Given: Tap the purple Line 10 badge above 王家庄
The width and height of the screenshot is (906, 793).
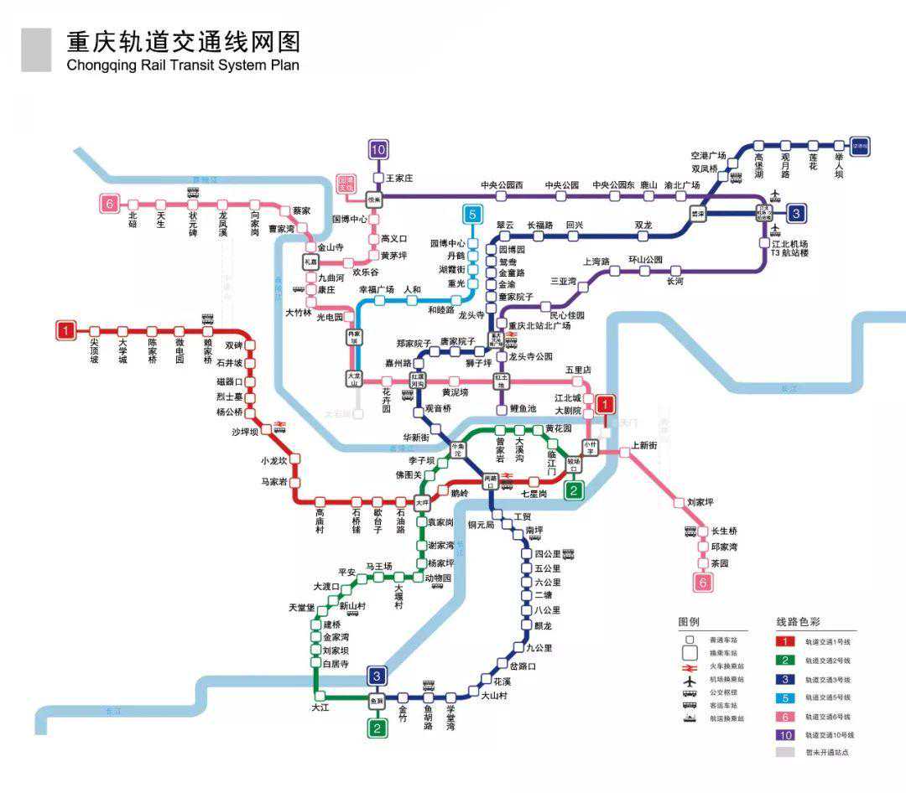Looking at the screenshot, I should pyautogui.click(x=378, y=150).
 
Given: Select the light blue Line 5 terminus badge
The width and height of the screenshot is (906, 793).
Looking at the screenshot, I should pyautogui.click(x=473, y=214).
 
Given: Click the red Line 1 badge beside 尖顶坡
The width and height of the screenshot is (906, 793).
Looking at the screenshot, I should pyautogui.click(x=65, y=330).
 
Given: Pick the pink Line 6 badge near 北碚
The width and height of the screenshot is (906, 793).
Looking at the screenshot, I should pyautogui.click(x=108, y=203).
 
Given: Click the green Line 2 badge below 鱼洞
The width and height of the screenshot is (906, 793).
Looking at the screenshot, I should pyautogui.click(x=378, y=728).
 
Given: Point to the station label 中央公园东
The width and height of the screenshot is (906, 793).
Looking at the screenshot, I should pyautogui.click(x=613, y=184).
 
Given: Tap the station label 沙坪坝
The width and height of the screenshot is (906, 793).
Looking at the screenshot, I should pyautogui.click(x=247, y=432).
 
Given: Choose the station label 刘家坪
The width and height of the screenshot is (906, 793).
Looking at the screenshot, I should pyautogui.click(x=700, y=502).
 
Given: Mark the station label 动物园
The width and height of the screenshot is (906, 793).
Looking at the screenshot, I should pyautogui.click(x=438, y=578).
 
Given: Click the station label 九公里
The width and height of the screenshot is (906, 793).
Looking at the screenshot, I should pyautogui.click(x=539, y=647).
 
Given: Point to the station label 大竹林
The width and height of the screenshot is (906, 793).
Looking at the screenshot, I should pyautogui.click(x=298, y=312).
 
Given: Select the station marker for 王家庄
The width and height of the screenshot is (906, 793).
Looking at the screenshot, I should pyautogui.click(x=378, y=179).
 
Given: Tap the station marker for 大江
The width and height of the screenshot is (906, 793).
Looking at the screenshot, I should pyautogui.click(x=320, y=696).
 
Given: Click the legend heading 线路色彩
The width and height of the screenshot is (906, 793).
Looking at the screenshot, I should pyautogui.click(x=798, y=622).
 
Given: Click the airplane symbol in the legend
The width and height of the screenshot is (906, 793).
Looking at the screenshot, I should pyautogui.click(x=690, y=680).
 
